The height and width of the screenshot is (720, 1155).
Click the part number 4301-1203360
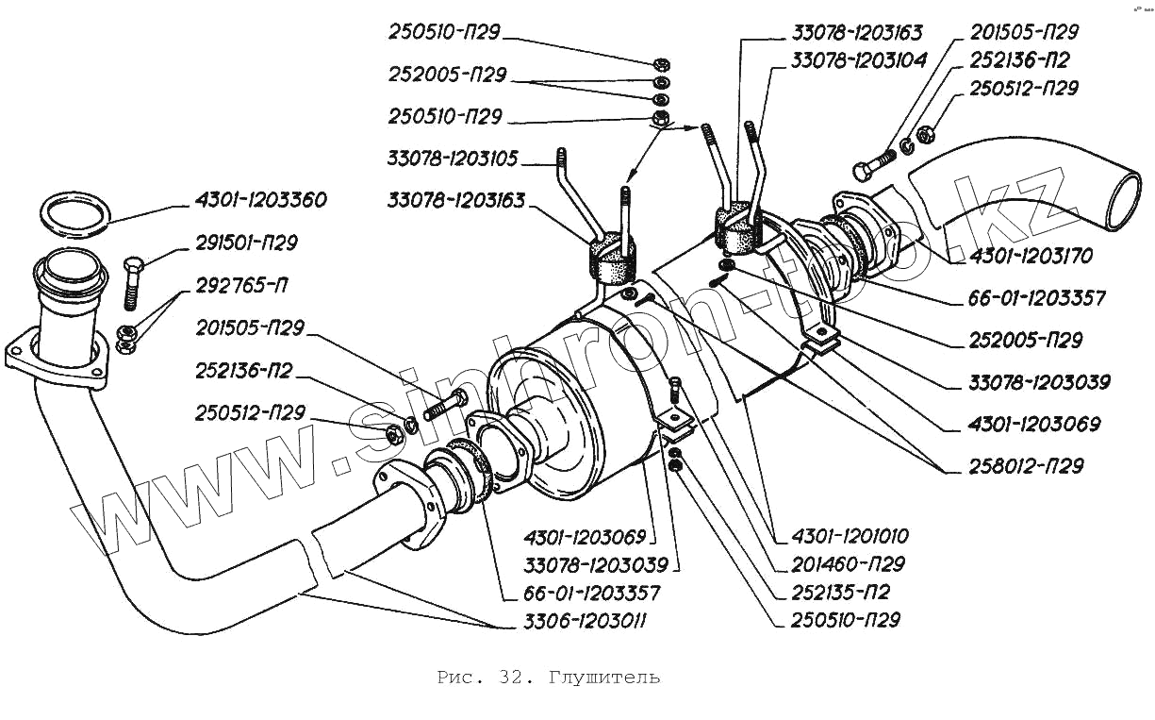[x=260, y=200]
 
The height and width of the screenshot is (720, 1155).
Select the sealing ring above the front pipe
[x=74, y=214]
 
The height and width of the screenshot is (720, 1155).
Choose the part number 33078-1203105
[x=453, y=159]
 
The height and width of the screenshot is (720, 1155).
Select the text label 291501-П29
[x=246, y=243]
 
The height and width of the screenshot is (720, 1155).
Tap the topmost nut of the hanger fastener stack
[x=661, y=64]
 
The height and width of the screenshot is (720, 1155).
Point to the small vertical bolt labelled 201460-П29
[x=675, y=390]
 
